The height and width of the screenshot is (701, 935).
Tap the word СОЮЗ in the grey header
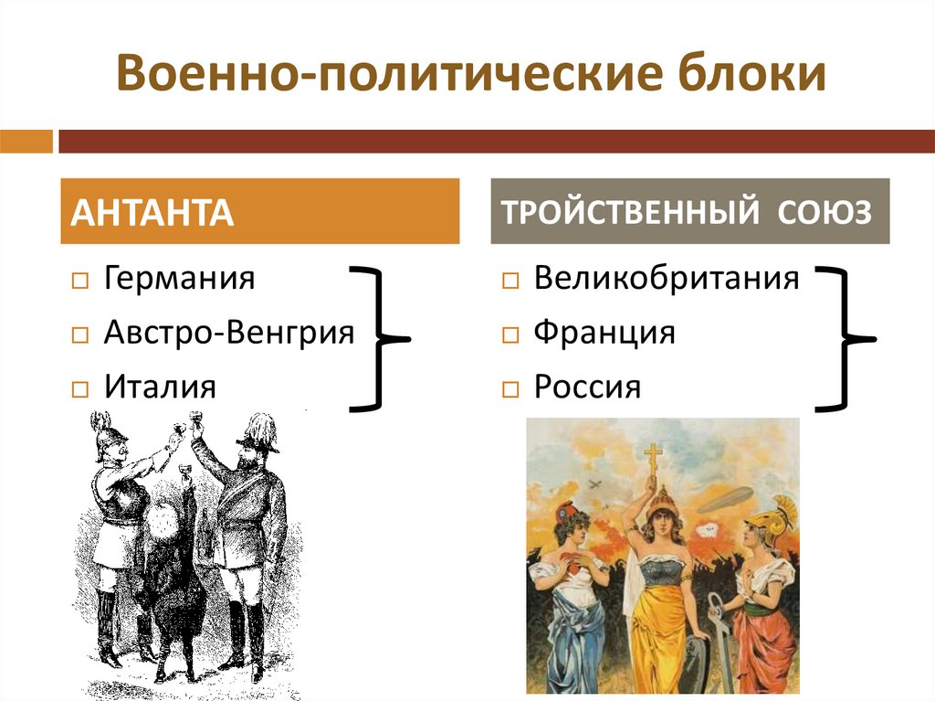825,212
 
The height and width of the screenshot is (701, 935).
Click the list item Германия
179,277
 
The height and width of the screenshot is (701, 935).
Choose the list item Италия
160,387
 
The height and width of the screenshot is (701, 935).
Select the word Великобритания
667,277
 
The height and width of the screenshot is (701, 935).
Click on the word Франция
604,332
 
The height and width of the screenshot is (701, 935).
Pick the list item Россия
587,387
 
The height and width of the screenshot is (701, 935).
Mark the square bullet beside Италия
79,389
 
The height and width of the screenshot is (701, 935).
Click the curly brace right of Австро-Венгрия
376,337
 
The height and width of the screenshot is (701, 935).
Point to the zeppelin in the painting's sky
725,499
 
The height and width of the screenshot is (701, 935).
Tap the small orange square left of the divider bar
26,142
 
